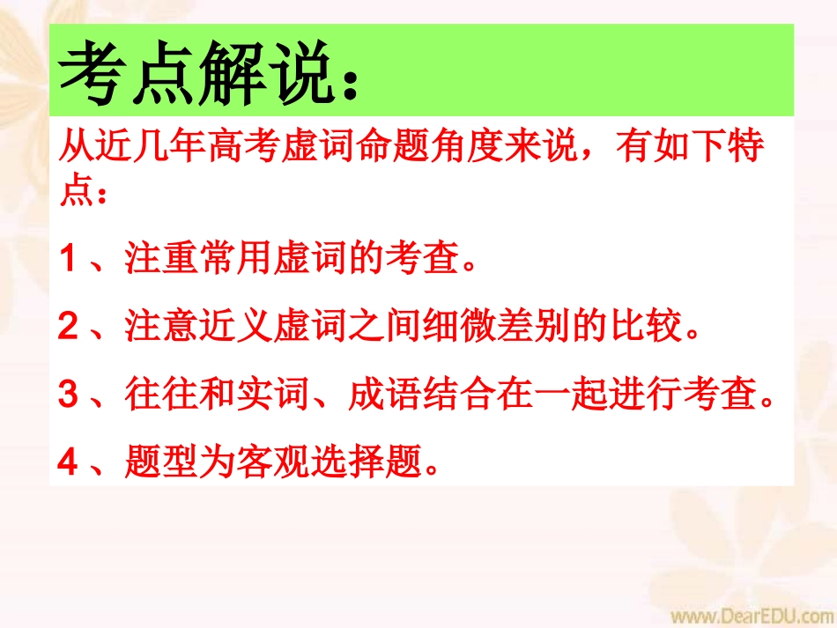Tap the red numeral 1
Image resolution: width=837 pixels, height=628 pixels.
tap(70, 259)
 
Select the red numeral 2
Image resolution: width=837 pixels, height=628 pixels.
tap(70, 328)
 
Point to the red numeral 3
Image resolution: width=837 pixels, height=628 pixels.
tap(70, 395)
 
